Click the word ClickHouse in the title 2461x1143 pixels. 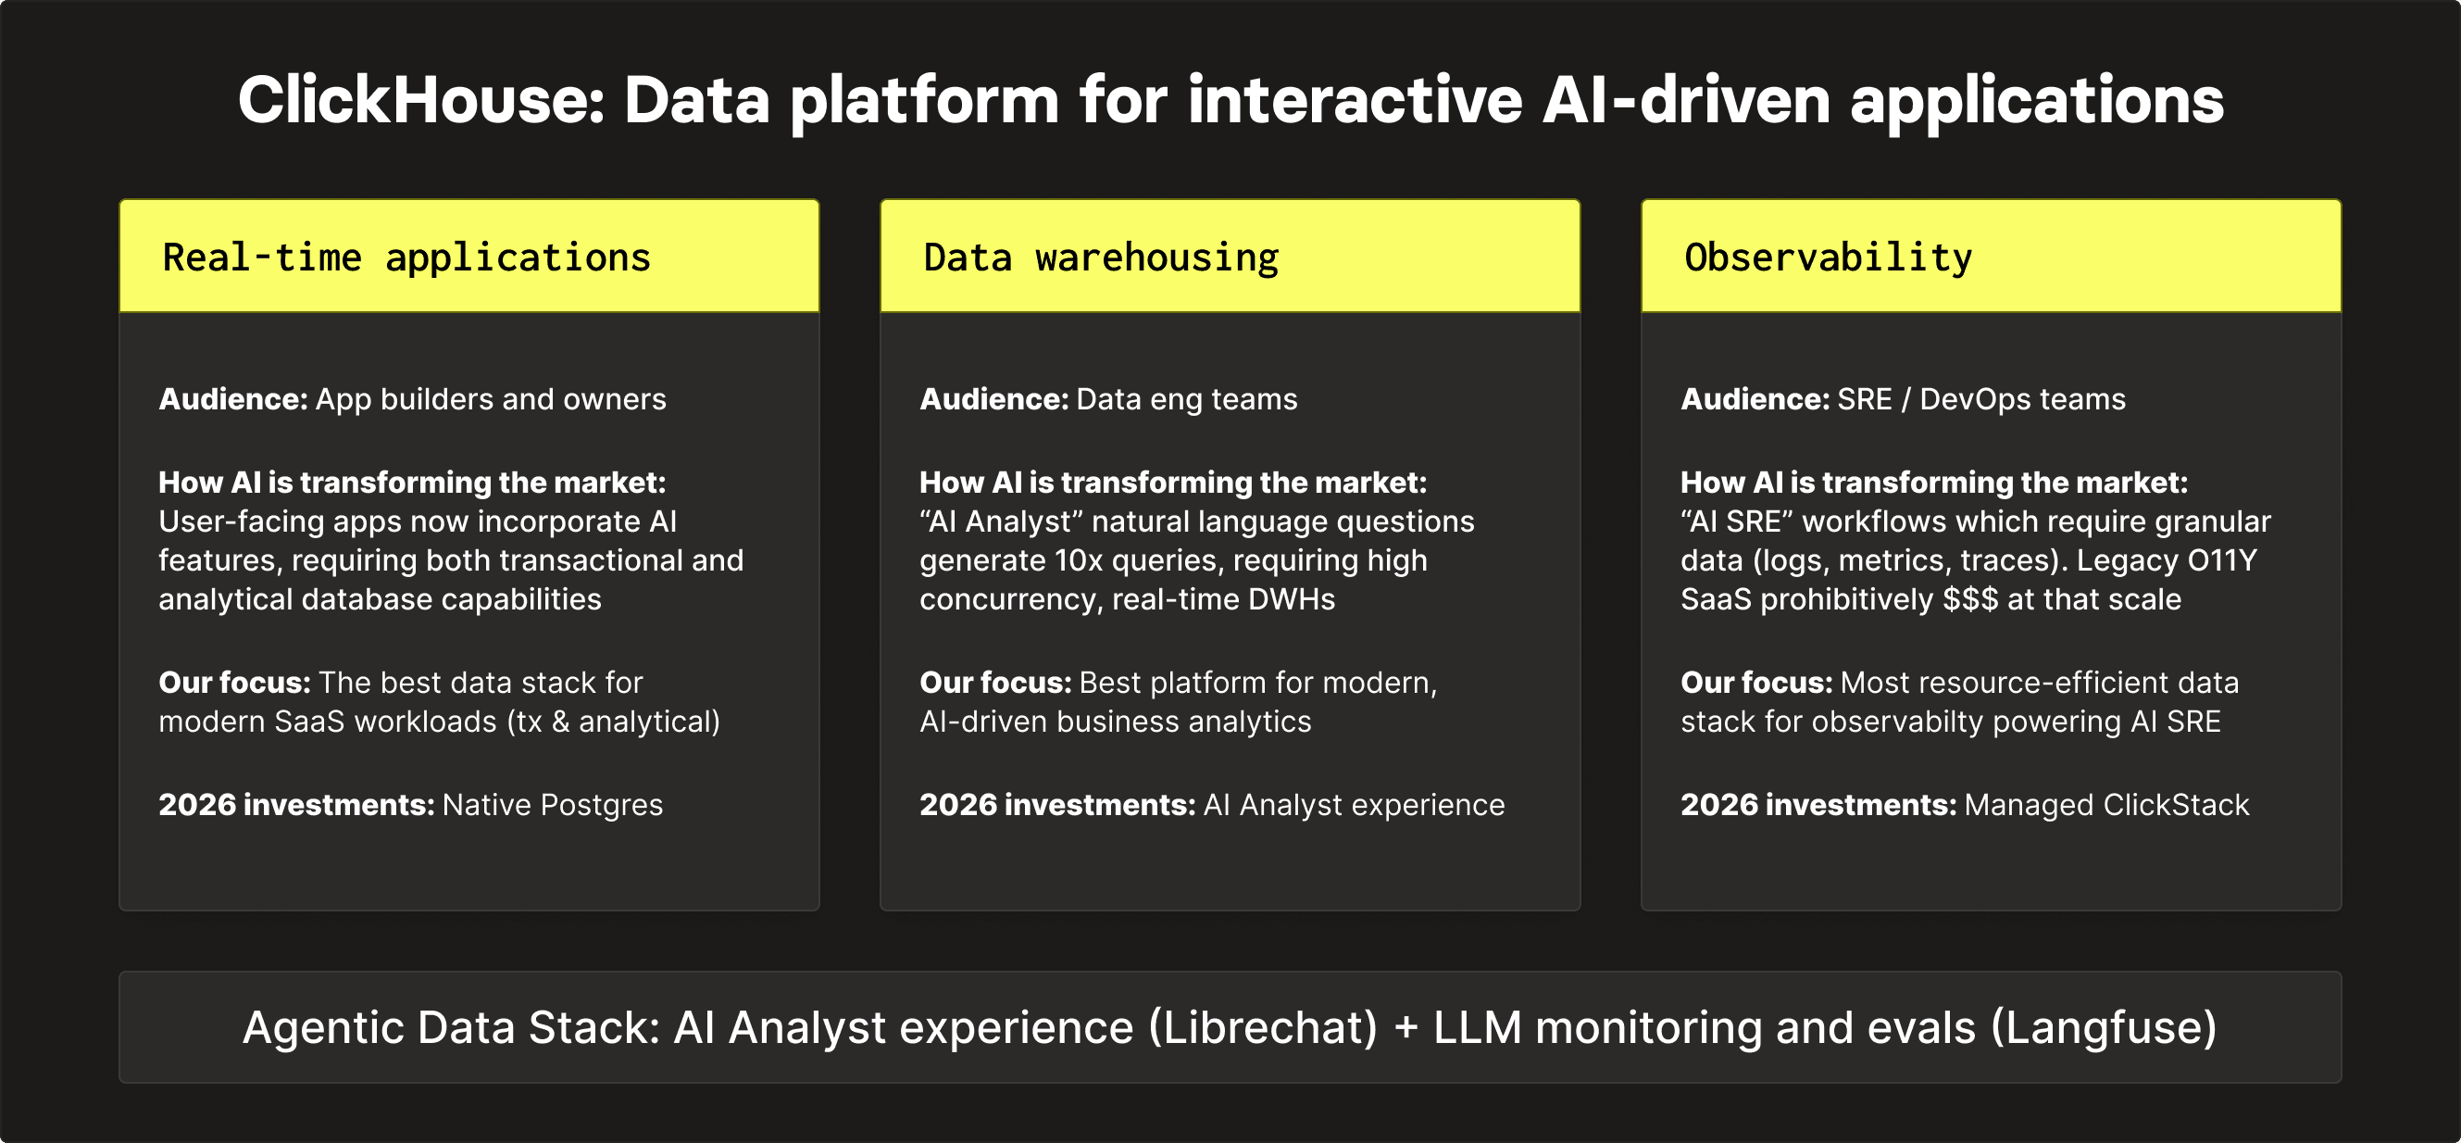420,100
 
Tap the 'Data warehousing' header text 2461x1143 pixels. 1101,258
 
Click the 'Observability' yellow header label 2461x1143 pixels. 1828,258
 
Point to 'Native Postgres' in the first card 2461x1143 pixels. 552,805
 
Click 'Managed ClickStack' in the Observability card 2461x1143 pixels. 2105,805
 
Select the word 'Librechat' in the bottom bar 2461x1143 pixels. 1263,1028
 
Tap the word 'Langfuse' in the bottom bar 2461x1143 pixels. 2103,1028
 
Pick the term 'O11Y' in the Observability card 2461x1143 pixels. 2222,560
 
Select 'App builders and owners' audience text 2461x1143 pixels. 490,398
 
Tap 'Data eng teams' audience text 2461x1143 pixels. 1187,398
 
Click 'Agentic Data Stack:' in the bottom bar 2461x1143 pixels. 451,1028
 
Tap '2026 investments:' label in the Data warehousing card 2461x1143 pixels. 1056,805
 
